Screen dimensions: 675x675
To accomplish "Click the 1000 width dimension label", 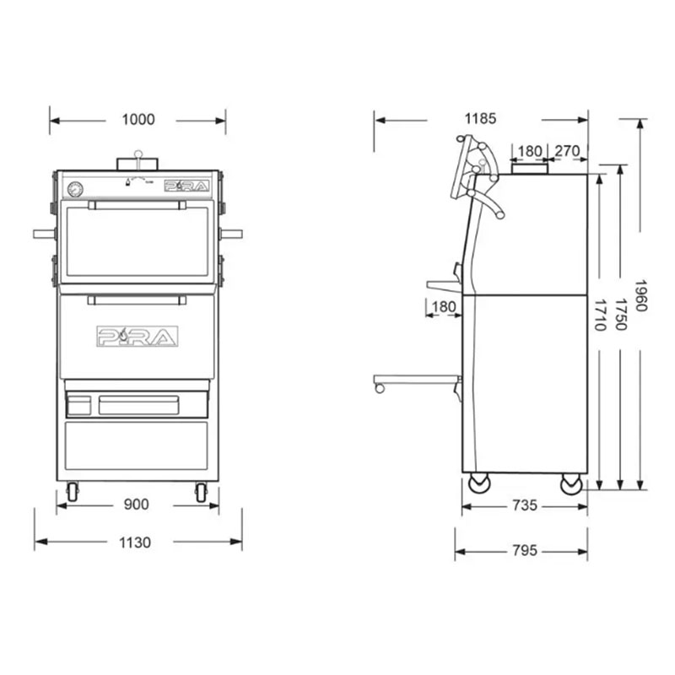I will [138, 120].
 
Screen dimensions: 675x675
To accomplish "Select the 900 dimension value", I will [136, 505].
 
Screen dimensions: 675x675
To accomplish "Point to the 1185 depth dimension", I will [479, 120].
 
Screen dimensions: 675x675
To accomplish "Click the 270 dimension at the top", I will [568, 151].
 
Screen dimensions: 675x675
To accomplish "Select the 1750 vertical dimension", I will [621, 314].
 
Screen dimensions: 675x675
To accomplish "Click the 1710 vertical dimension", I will [600, 314].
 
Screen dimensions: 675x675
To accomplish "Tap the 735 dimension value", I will [524, 505].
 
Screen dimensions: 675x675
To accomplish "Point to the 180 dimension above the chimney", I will [530, 151].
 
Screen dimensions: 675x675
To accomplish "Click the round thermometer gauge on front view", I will [75, 188].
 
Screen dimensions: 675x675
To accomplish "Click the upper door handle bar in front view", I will [137, 204].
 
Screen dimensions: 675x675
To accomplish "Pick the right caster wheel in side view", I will [571, 483].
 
